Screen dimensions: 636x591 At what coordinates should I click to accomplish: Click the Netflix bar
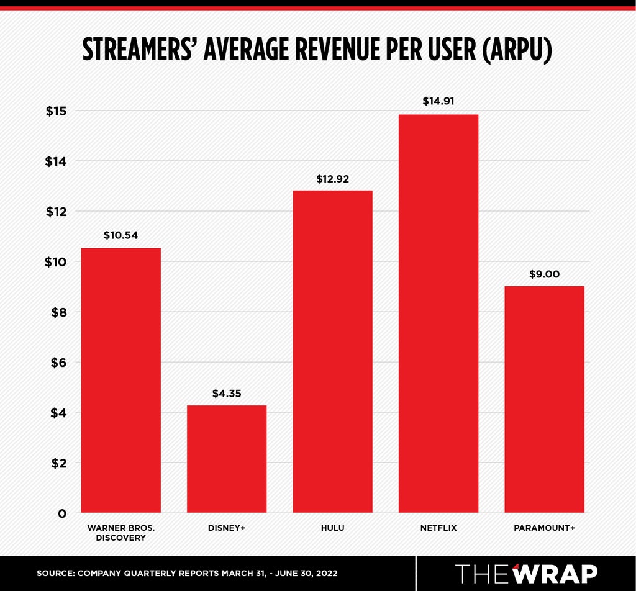438,314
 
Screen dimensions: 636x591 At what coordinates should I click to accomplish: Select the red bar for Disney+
227,459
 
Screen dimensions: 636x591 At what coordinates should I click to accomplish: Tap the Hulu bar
333,351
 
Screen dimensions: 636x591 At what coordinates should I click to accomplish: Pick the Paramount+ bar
544,399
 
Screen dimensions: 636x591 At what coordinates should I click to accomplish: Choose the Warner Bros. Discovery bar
121,380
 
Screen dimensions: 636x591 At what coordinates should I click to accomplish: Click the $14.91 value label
438,101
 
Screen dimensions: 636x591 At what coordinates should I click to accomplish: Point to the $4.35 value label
227,393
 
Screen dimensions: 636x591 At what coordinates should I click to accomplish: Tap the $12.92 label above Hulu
333,179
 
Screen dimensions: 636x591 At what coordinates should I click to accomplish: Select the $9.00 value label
544,274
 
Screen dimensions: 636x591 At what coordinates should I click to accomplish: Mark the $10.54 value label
121,235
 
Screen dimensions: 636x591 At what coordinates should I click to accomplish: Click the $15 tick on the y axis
56,111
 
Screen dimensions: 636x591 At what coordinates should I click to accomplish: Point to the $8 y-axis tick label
58,312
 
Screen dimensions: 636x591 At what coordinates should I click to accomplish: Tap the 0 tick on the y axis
62,513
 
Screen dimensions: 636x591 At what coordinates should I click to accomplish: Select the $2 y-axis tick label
58,463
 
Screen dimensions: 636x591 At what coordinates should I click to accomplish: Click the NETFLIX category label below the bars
438,528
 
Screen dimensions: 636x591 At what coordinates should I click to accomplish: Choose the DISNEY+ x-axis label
227,528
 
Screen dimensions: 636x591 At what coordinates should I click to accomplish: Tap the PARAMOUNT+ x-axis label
544,528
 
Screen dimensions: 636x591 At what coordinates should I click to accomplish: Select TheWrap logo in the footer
527,574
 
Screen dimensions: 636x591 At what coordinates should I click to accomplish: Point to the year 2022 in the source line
327,573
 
